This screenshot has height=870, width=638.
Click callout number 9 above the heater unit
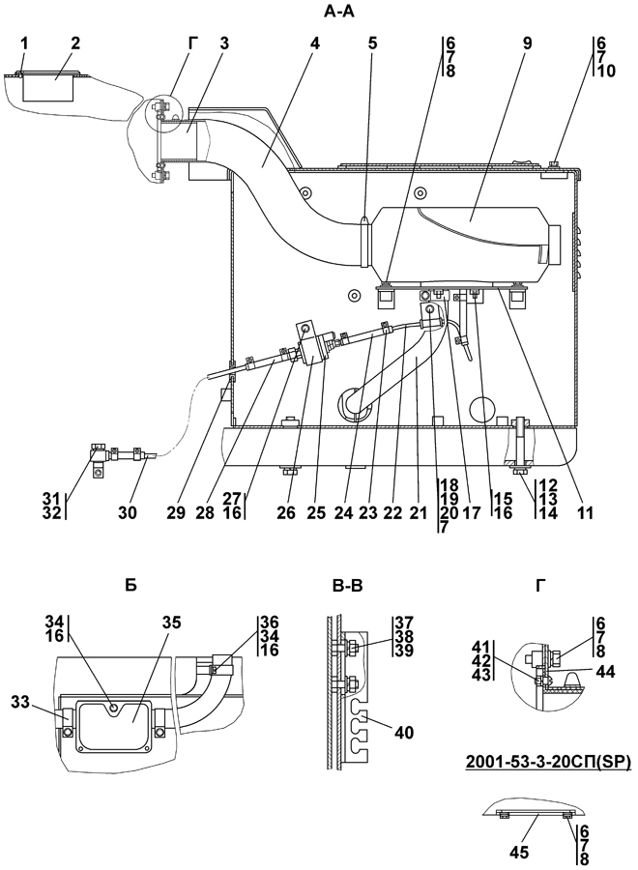tap(527, 43)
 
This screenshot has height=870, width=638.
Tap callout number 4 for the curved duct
tap(315, 43)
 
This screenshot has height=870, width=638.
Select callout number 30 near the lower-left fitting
tap(127, 513)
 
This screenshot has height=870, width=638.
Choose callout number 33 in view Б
tap(21, 702)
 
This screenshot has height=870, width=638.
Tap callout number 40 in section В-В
tap(404, 733)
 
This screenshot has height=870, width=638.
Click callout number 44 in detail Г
tap(605, 672)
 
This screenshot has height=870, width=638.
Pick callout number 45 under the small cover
tap(519, 852)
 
